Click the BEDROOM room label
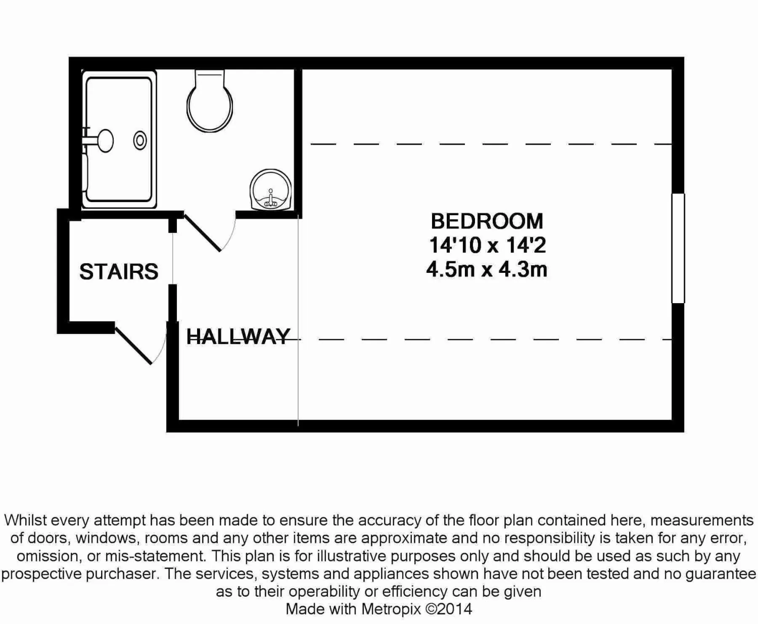487,221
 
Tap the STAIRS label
119,272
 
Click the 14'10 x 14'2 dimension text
487,245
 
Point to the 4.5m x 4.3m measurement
487,269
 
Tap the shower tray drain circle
140,140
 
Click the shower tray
119,139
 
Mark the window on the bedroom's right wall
678,248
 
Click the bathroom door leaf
202,233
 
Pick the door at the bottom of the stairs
133,345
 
